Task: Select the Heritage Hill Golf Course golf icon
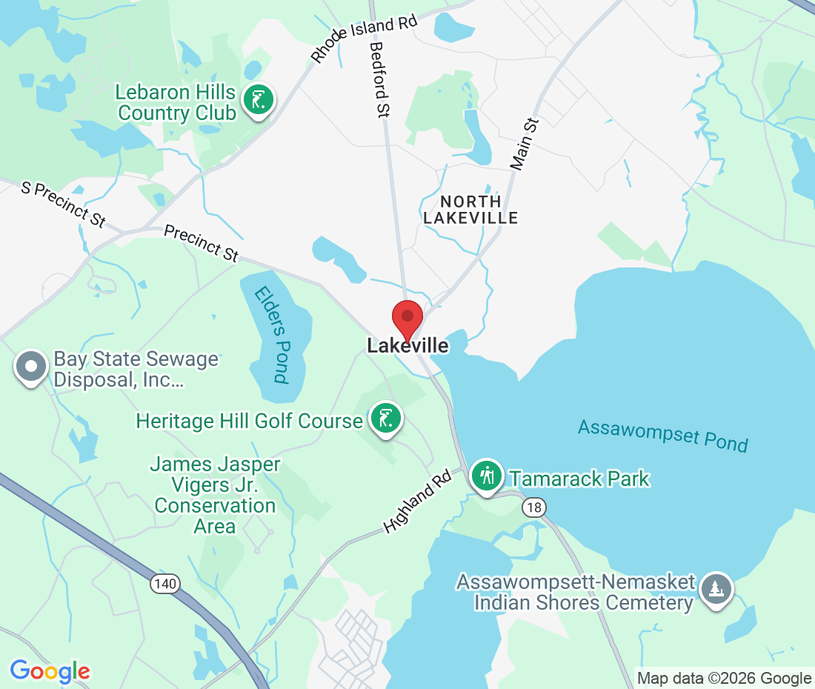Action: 385,419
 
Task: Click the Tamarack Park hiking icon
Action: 487,476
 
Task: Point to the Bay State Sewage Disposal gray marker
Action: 31,366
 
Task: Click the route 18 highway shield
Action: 533,507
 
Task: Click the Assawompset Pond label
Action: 663,436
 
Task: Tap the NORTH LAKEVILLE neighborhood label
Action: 470,210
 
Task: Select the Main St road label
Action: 528,143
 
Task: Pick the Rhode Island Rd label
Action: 364,38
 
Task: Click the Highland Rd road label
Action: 418,503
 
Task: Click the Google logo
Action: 50,671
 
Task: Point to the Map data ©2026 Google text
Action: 725,678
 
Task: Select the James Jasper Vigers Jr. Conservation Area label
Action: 215,496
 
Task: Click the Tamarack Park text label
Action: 579,479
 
